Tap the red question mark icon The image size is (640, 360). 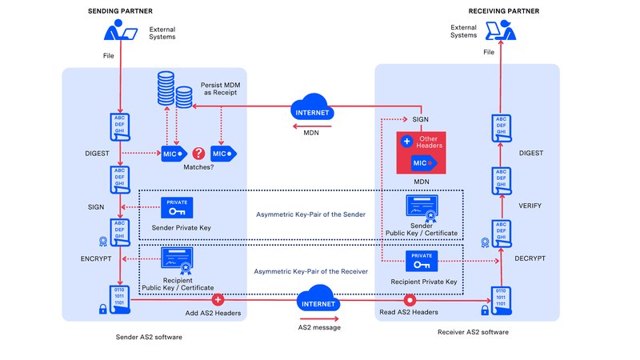(198, 152)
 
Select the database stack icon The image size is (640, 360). (172, 90)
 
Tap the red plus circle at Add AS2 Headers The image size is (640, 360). (216, 301)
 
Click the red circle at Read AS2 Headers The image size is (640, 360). (410, 301)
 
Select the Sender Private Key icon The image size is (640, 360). (177, 208)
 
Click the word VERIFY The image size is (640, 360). (530, 206)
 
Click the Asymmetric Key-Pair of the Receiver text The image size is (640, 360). (310, 272)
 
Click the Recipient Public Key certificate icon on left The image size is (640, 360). (177, 260)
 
